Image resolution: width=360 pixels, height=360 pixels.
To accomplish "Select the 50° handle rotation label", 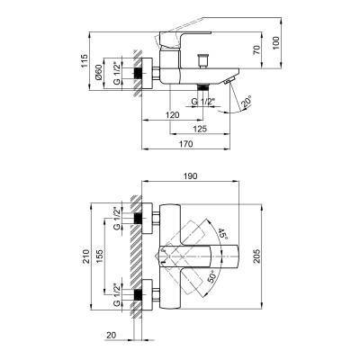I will pos(212,279).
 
